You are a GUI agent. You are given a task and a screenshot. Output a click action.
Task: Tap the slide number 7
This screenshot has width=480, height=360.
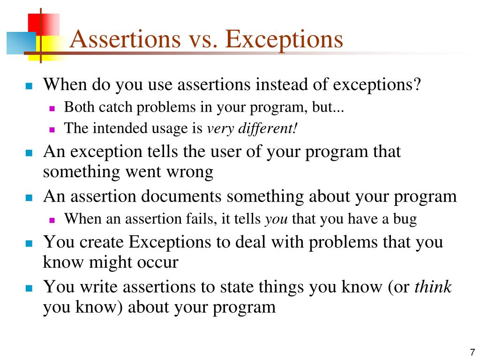[472, 352]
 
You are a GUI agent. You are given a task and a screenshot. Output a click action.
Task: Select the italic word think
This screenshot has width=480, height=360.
[433, 287]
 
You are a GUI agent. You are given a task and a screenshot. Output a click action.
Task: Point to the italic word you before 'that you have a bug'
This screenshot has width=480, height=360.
[277, 219]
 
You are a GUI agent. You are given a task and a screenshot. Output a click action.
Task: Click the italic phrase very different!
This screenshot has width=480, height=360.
[252, 128]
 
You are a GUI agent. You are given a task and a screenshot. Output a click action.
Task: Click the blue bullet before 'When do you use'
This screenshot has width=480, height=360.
[29, 87]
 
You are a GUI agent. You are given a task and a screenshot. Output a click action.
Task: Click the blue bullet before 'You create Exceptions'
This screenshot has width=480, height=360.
[29, 244]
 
